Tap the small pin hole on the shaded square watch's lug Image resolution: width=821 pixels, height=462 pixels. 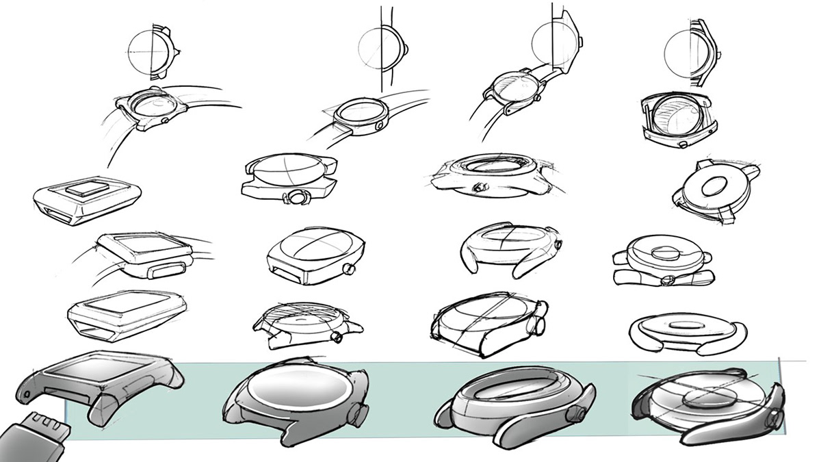tap(25, 396)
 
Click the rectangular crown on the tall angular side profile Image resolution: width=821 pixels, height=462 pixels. tap(581, 41)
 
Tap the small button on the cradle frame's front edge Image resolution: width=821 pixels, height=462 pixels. tap(685, 144)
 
